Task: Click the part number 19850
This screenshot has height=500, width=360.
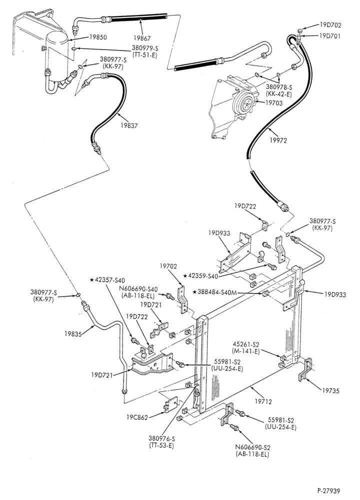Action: (97, 37)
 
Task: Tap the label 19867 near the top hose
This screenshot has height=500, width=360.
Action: (142, 38)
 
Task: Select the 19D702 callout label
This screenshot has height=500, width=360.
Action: (330, 25)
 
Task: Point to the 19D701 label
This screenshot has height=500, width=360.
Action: (330, 36)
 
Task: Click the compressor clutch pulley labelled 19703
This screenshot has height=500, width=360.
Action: (245, 102)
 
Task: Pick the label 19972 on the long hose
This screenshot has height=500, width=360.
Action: (277, 140)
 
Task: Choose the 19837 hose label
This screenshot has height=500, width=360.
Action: (129, 125)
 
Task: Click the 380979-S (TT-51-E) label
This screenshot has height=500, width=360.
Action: (145, 51)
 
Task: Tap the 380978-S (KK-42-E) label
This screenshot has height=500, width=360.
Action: (279, 90)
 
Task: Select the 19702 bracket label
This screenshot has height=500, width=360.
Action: (168, 266)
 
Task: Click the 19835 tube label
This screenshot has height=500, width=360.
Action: (73, 333)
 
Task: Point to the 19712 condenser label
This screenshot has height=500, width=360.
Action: (263, 401)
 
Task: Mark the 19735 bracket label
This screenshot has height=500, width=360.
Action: (330, 390)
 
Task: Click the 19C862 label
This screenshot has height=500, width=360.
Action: (137, 417)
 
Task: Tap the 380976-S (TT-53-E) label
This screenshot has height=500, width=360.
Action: (161, 442)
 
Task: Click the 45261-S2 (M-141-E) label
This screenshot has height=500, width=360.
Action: (246, 348)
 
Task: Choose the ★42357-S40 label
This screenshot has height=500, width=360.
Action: (107, 280)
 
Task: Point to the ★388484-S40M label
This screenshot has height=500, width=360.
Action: (214, 292)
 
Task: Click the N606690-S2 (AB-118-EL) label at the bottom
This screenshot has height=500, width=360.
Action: (252, 451)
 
